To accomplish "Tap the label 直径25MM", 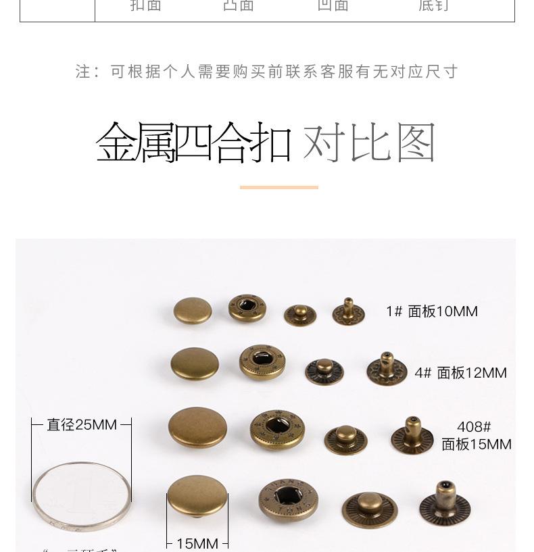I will [x=81, y=425].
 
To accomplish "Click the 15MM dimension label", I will [x=197, y=543].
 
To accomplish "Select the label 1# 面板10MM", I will [x=432, y=311].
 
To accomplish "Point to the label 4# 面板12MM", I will [x=460, y=373].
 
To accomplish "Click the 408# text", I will [x=474, y=427].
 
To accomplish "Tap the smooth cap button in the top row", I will [x=193, y=311].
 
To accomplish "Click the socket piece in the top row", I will [x=247, y=308].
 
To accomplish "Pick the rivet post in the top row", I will [x=348, y=311].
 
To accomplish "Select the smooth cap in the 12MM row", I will [x=195, y=363].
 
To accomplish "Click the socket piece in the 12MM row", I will [x=262, y=362].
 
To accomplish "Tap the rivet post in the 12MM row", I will [x=387, y=368].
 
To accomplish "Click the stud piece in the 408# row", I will [x=345, y=439].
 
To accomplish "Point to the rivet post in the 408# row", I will [x=411, y=436].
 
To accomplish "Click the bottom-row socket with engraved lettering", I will [x=288, y=500].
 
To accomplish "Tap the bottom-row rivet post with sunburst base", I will [x=444, y=503].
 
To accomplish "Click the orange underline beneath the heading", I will [x=278, y=187].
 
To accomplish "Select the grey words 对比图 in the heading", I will [x=369, y=143].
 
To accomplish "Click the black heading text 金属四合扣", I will [x=193, y=143].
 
